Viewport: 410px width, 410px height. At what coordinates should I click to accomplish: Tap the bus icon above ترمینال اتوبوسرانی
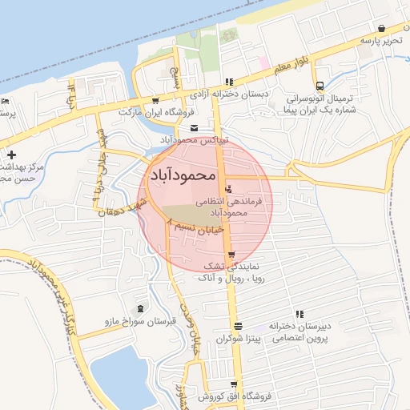tap(320, 84)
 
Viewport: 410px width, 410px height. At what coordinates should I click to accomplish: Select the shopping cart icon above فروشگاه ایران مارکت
tap(155, 101)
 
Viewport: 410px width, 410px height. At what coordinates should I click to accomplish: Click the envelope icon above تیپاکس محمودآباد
tap(194, 128)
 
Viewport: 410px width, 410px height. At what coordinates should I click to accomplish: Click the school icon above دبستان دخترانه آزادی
tap(230, 81)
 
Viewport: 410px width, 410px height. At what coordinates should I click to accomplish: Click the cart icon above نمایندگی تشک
tap(231, 254)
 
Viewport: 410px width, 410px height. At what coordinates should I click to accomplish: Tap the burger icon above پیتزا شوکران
tap(237, 325)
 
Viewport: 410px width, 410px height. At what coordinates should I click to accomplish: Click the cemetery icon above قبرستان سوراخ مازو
tap(141, 309)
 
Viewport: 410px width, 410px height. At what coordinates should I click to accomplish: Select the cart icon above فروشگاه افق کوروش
tap(233, 385)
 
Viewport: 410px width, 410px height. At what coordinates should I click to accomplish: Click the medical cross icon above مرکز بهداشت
tap(11, 154)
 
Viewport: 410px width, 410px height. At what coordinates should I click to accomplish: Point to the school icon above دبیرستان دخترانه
tap(299, 314)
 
